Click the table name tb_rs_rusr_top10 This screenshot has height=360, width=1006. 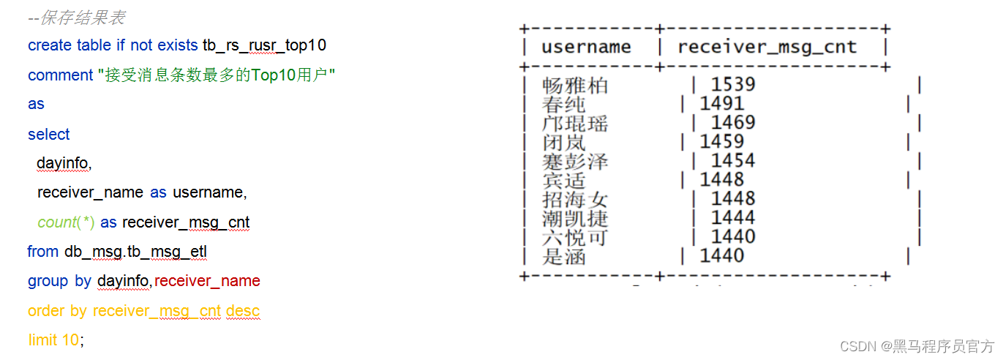(x=264, y=45)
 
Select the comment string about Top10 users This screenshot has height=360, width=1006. (x=216, y=75)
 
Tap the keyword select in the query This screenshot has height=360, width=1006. (x=48, y=135)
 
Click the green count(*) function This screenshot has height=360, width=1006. (x=67, y=222)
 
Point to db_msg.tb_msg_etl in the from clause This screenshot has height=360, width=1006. (x=135, y=252)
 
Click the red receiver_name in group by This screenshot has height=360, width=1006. (x=207, y=281)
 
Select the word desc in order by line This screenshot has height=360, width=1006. (x=243, y=311)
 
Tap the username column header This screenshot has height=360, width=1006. (x=585, y=47)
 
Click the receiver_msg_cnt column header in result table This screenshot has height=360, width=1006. (x=767, y=47)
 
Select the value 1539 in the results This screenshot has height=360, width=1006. (x=732, y=85)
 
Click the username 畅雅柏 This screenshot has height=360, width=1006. (x=574, y=86)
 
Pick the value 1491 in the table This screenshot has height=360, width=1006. (x=721, y=104)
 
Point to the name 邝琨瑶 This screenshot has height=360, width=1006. (x=574, y=123)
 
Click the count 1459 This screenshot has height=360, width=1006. (x=721, y=142)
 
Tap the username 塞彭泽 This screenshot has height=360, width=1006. (x=574, y=161)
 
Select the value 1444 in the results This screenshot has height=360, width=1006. (x=732, y=218)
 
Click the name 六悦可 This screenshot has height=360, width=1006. (x=574, y=237)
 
